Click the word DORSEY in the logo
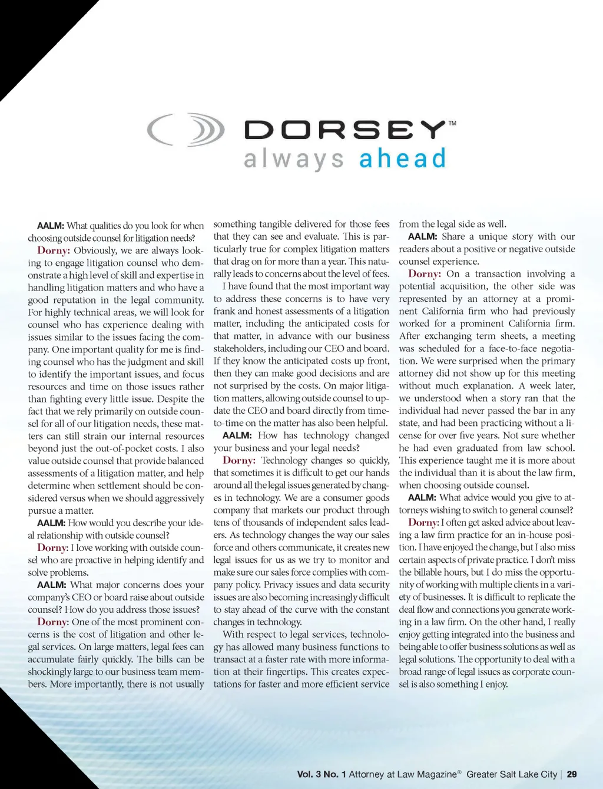tap(344, 130)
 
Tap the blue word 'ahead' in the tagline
tap(403, 159)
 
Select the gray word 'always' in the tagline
tap(294, 160)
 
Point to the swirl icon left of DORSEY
tap(186, 130)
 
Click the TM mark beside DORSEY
tap(452, 123)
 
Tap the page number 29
tap(572, 774)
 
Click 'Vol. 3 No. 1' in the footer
tap(322, 774)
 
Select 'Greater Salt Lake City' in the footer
tap(511, 774)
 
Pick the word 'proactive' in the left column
tap(87, 560)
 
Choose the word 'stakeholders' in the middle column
tap(240, 348)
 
